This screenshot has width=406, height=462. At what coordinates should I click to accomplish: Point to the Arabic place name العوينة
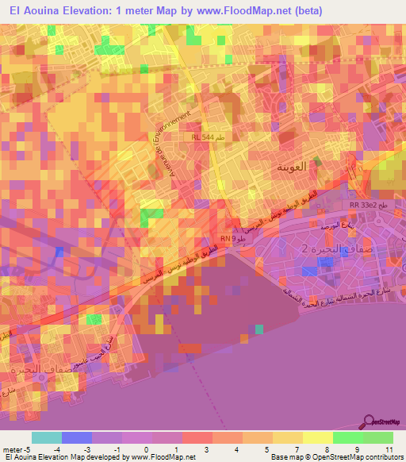click(x=290, y=167)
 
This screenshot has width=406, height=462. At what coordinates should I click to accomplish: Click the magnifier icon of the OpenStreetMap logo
click(x=370, y=422)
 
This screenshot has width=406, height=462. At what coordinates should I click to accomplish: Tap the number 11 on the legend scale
click(x=388, y=449)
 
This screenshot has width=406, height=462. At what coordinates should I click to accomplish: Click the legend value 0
click(x=146, y=449)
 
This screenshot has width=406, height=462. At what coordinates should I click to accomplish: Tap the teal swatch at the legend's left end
click(x=47, y=437)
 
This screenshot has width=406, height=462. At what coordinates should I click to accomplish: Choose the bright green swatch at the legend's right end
click(x=378, y=437)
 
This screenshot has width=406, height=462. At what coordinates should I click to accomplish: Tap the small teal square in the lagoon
click(x=259, y=329)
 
